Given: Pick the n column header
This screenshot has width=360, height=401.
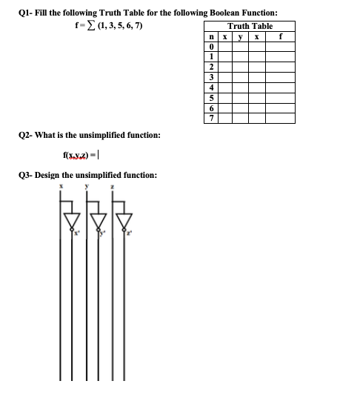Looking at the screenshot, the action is (213, 36).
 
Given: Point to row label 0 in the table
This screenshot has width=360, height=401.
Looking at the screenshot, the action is (213, 47).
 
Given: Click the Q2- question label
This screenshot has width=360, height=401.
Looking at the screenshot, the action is (23, 135).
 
